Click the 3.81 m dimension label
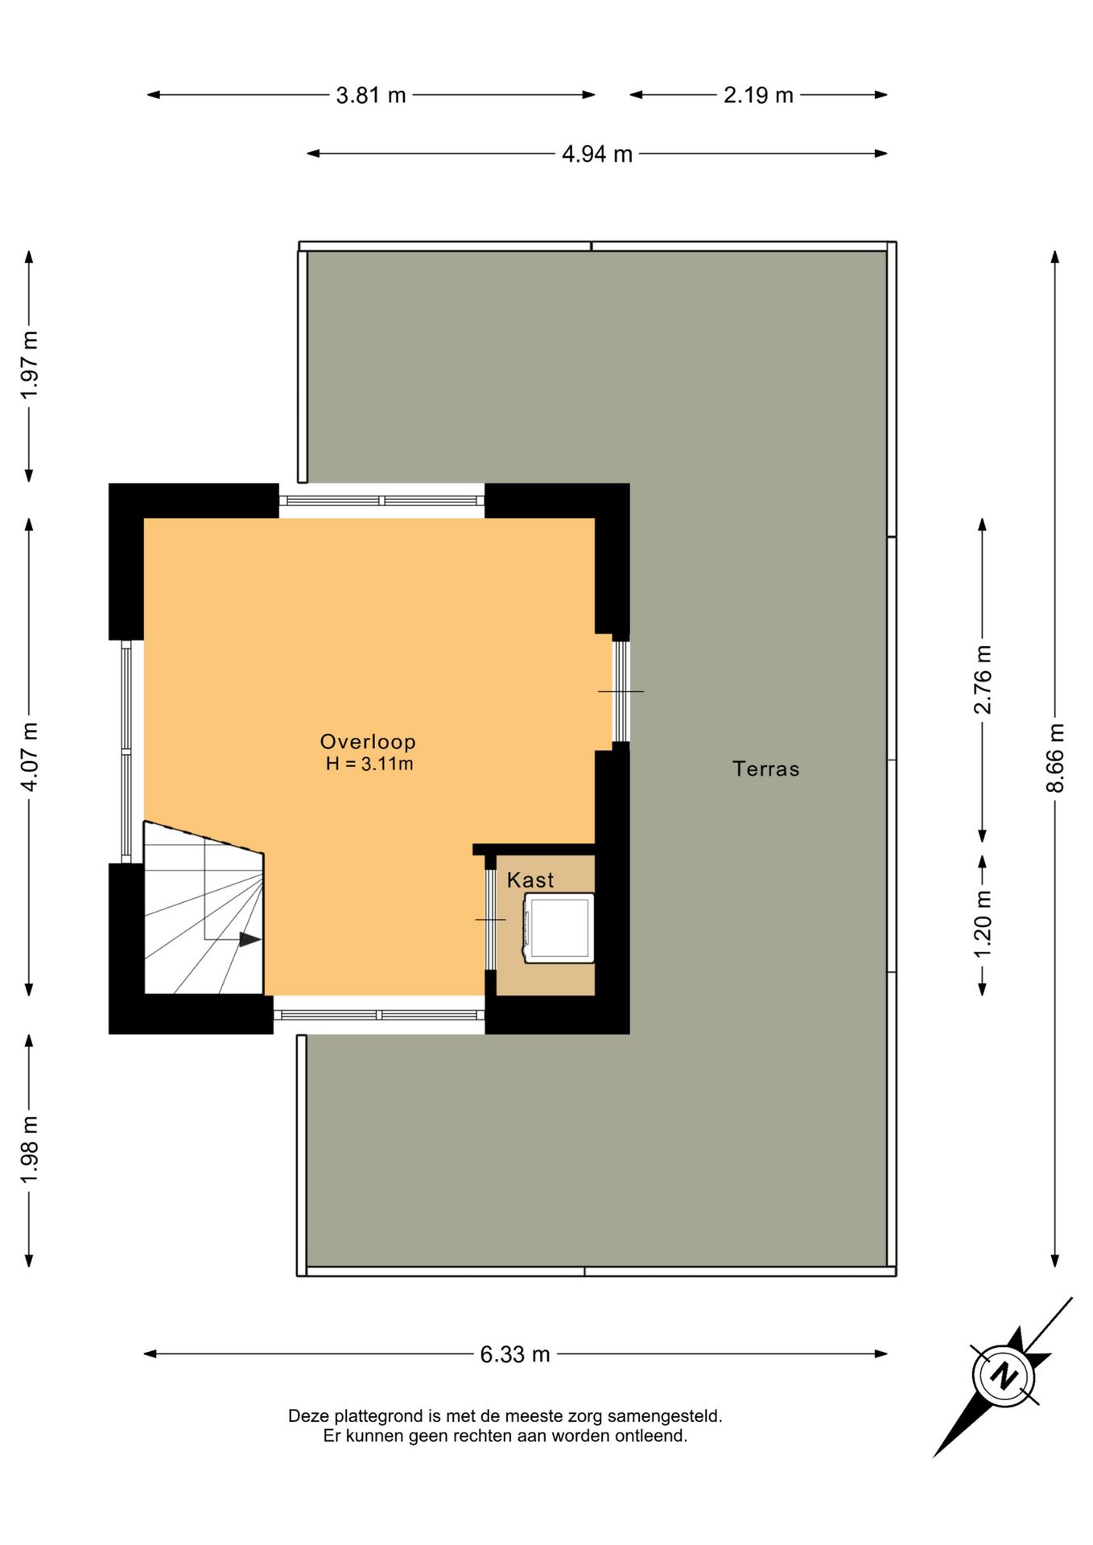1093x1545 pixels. point(371,95)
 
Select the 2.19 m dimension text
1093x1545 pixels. point(758,95)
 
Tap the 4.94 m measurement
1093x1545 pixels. point(597,154)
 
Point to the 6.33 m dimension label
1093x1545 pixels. point(515,1354)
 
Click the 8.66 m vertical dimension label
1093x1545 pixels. point(1055,758)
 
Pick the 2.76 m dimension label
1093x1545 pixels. point(983,679)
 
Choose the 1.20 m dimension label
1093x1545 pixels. point(983,925)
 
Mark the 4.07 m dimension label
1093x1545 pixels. point(29,757)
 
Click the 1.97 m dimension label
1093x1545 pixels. point(29,365)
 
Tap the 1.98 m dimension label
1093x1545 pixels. point(29,1150)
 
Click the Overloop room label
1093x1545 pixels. point(368,742)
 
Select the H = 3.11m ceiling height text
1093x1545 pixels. point(369,764)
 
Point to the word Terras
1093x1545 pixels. point(766,769)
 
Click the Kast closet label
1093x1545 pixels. point(530,880)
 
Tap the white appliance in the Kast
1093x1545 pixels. point(559,928)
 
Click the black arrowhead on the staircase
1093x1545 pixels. point(250,939)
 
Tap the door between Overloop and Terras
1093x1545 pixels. point(621,691)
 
